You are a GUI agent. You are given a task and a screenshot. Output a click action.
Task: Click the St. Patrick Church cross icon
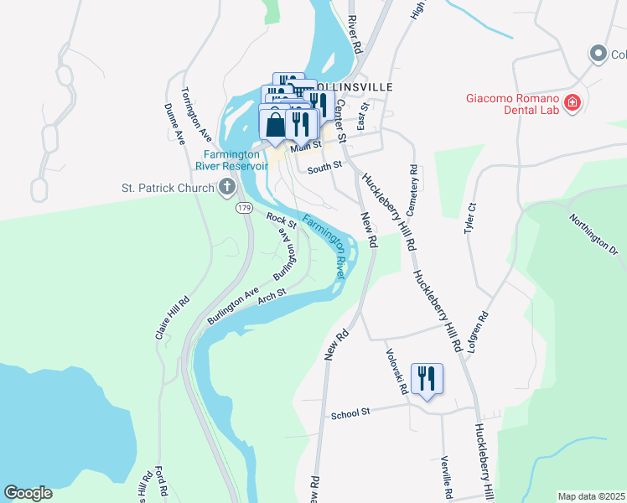pyautogui.click(x=226, y=187)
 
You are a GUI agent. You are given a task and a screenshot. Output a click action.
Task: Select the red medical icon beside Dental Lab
pyautogui.click(x=573, y=103)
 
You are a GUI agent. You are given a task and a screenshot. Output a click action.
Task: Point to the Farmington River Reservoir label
pyautogui.click(x=236, y=159)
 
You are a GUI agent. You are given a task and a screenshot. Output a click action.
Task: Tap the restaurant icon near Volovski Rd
pyautogui.click(x=427, y=379)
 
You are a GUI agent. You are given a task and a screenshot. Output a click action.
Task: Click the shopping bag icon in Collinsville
pyautogui.click(x=274, y=126)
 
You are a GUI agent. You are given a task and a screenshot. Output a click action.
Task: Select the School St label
pyautogui.click(x=350, y=414)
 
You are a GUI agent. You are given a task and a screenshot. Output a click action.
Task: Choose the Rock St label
pyautogui.click(x=282, y=221)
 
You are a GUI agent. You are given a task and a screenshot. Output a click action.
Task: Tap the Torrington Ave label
pyautogui.click(x=196, y=113)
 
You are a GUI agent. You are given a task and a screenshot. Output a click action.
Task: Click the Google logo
pyautogui.click(x=28, y=493)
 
